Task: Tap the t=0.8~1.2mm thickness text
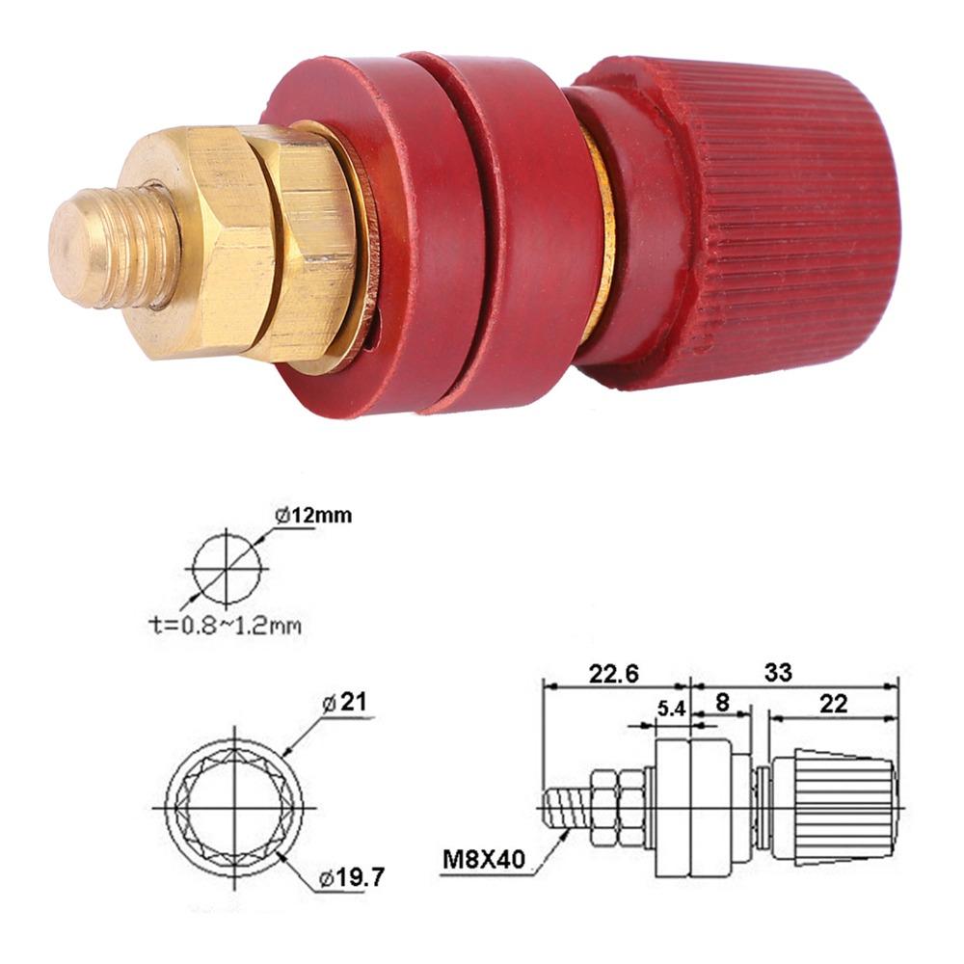216,626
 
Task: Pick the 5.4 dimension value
670,709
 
